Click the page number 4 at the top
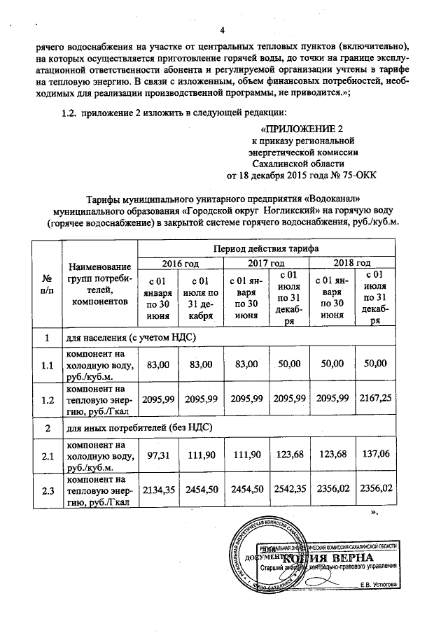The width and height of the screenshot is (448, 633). click(x=222, y=29)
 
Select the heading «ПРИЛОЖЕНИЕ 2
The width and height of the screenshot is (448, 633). click(x=302, y=129)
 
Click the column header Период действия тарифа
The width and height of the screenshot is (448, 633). click(x=266, y=248)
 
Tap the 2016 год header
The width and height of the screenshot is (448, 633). click(x=181, y=262)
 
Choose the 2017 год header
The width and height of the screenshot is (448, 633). click(x=266, y=262)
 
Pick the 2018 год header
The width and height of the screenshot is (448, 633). click(x=353, y=262)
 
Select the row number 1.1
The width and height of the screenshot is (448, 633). click(x=47, y=364)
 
